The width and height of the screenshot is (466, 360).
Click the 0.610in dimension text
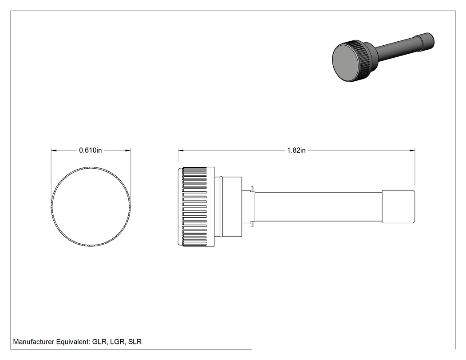pyautogui.click(x=91, y=150)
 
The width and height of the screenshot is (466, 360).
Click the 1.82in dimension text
pyautogui.click(x=296, y=150)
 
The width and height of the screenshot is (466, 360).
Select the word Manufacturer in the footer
pyautogui.click(x=34, y=342)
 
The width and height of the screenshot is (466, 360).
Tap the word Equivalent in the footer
pyautogui.click(x=73, y=342)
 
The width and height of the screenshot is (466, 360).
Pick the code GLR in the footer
pyautogui.click(x=99, y=342)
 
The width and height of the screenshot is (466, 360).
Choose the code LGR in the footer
pyautogui.click(x=118, y=342)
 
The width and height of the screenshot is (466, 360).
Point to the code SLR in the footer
pyautogui.click(x=135, y=342)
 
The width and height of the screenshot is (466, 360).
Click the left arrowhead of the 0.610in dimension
pyautogui.click(x=54, y=150)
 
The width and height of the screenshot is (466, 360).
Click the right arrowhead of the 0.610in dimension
pyautogui.click(x=128, y=150)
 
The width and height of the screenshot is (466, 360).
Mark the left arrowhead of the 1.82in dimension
pyautogui.click(x=181, y=150)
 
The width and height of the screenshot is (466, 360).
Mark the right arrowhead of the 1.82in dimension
pyautogui.click(x=412, y=150)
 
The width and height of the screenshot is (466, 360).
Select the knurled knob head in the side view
pyautogui.click(x=196, y=207)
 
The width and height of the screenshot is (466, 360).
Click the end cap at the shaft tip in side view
pyautogui.click(x=398, y=206)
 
